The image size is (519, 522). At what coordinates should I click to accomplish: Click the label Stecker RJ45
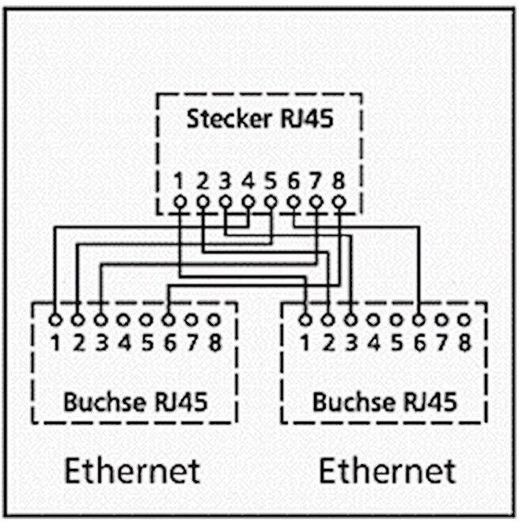coord(259,119)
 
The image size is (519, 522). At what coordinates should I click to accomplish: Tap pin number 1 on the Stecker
coord(179,181)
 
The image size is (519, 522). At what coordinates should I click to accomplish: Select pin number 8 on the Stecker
coord(339,181)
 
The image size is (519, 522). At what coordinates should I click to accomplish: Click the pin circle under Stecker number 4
coord(248,202)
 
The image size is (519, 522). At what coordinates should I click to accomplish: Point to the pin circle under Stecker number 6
coord(294,202)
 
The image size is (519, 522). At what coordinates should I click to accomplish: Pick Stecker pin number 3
coord(225,181)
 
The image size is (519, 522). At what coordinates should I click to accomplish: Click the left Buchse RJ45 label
coord(135,402)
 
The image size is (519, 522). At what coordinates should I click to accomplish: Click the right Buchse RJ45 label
coord(385,402)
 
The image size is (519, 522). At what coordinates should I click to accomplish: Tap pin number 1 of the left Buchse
coord(55,343)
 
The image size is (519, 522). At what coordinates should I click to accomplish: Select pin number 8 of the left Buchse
coord(214,343)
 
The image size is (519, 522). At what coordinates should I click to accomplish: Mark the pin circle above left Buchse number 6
coord(169,320)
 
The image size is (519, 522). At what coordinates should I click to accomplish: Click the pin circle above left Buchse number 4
coord(123,320)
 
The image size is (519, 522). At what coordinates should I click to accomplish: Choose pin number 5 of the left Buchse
coord(147,343)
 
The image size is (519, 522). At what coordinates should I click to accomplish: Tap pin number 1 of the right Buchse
coord(305,343)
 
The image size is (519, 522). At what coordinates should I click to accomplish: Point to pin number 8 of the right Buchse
coord(464,343)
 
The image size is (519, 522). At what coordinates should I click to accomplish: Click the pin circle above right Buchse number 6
coord(419,320)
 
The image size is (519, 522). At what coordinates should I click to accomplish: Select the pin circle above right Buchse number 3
coord(350,320)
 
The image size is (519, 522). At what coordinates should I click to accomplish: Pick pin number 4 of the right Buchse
coord(373,343)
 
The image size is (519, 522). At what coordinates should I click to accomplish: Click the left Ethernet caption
coord(132,471)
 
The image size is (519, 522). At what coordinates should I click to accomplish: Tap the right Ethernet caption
coord(388,471)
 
